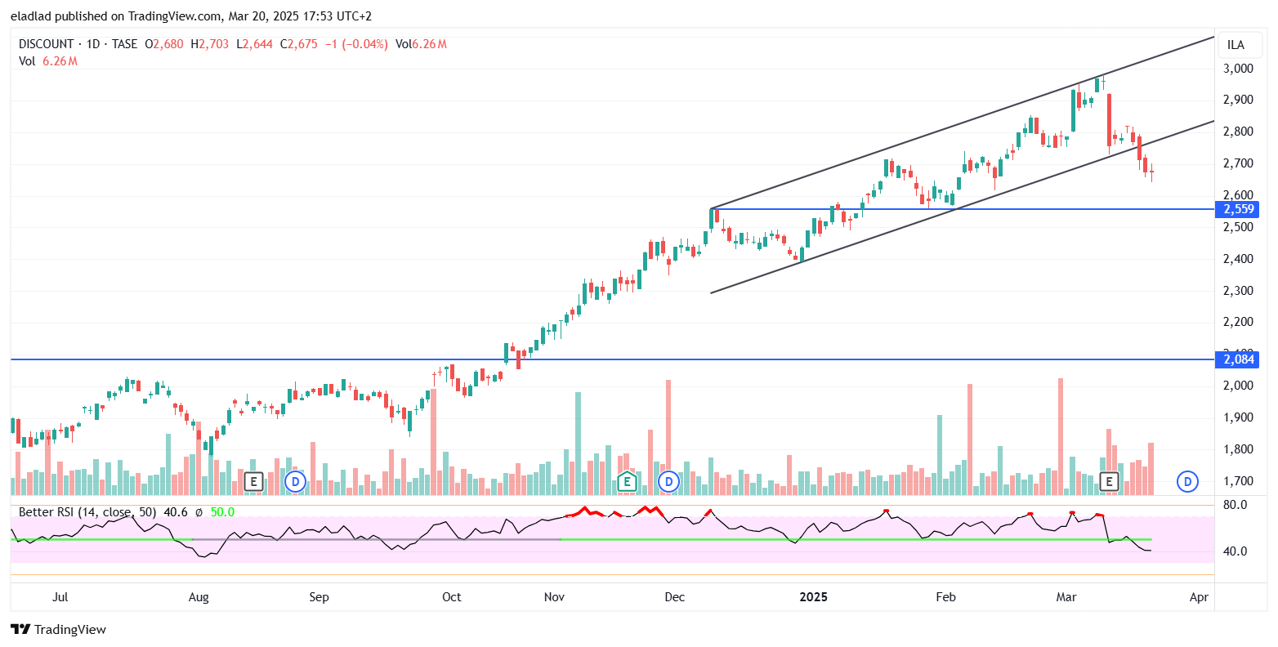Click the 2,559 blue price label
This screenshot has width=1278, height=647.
(x=1239, y=209)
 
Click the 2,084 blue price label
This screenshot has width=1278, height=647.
(x=1239, y=359)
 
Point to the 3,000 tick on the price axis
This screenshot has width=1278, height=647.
(x=1238, y=69)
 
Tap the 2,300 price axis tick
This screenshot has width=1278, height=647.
(x=1238, y=291)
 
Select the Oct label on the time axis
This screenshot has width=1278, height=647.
(x=451, y=597)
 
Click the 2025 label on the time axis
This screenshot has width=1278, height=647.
(x=814, y=597)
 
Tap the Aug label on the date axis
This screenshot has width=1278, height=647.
(x=199, y=597)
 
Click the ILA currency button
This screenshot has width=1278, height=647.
(x=1236, y=45)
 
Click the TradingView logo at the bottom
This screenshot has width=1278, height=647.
(x=59, y=629)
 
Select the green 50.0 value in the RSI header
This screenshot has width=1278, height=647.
(x=222, y=512)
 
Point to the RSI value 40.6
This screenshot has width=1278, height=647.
(x=176, y=512)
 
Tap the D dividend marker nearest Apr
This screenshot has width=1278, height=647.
(x=1187, y=481)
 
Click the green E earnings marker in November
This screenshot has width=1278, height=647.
(x=627, y=481)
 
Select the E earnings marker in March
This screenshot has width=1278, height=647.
(x=1110, y=481)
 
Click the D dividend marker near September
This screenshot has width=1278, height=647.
(x=295, y=481)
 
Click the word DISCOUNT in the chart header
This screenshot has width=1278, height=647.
(x=46, y=44)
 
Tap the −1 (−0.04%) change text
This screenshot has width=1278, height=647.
(x=355, y=44)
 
